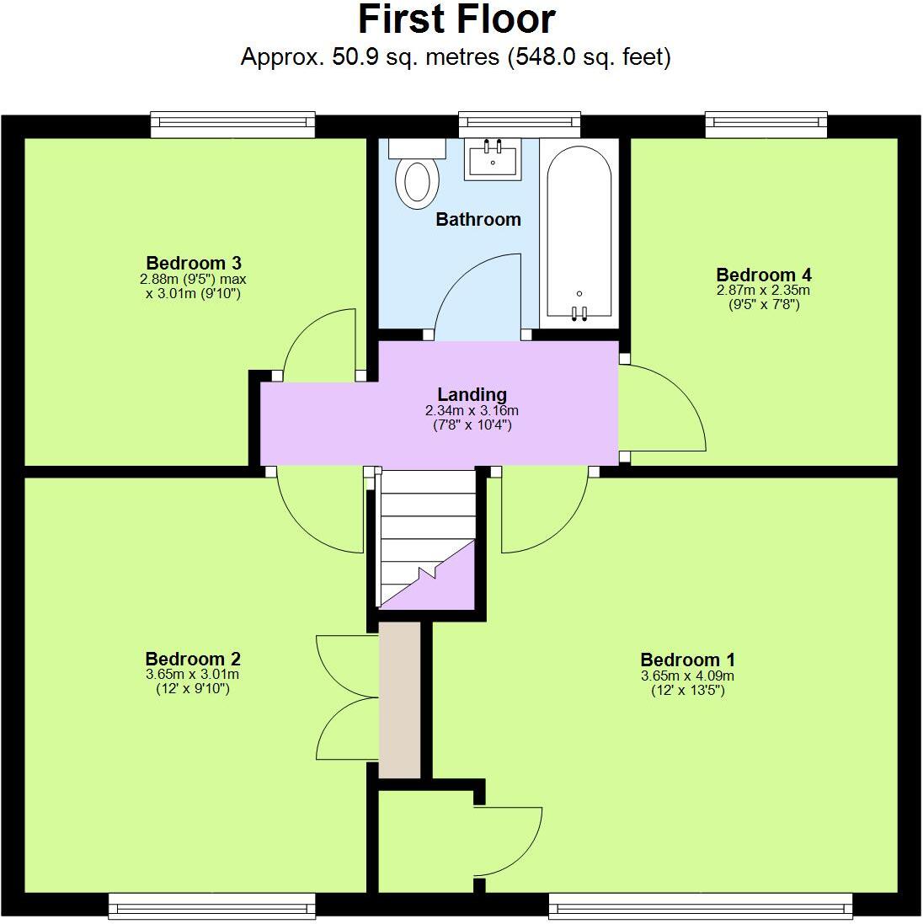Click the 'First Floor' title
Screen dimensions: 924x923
coord(456,19)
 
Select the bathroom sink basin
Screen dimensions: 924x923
coord(493,158)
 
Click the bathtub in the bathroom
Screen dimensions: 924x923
coord(579,232)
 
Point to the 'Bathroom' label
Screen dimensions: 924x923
coord(478,220)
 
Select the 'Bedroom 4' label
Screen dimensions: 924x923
coord(763,275)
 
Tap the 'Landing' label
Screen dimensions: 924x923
coord(472,394)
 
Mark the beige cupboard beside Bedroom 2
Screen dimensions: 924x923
coord(399,700)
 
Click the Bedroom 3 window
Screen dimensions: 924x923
coord(232,125)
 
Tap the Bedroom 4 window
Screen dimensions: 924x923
coord(766,125)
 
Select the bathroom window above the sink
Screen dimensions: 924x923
coord(519,125)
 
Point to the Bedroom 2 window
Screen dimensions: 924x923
coord(211,905)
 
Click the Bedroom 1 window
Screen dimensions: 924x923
coord(700,905)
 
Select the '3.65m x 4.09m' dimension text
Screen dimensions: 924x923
coord(687,676)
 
